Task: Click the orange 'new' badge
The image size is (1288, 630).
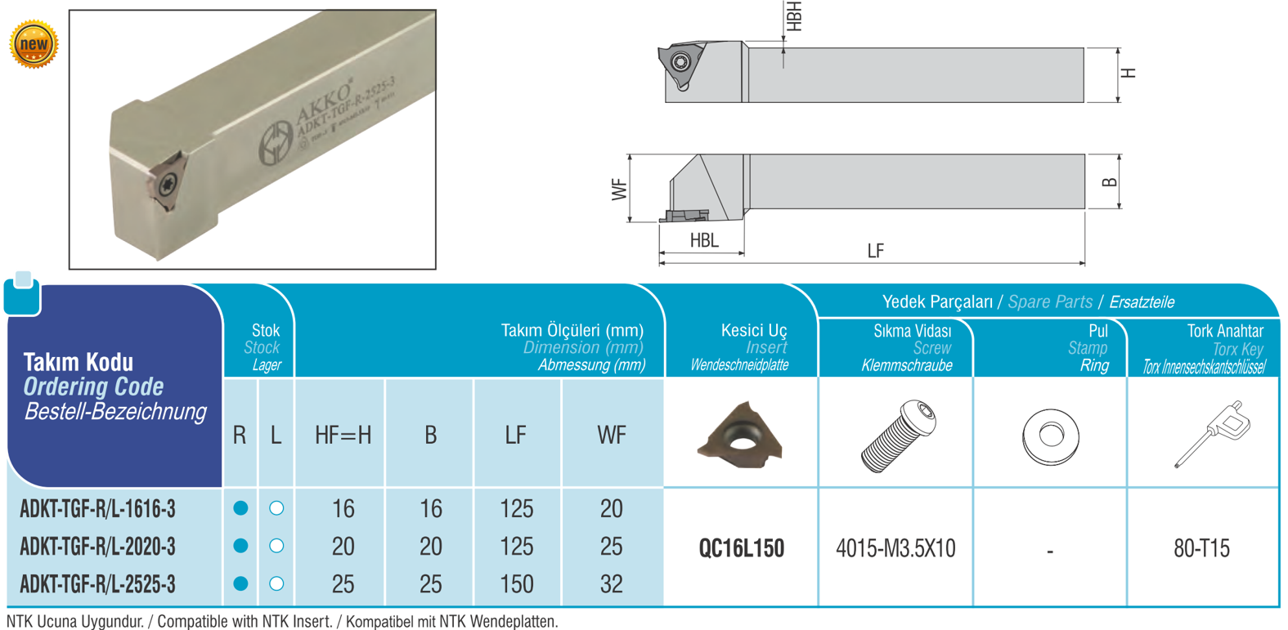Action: pos(34,44)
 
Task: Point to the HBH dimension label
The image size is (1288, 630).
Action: pos(793,16)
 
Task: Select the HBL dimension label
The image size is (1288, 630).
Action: pos(704,240)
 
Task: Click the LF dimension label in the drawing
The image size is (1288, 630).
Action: pos(875,251)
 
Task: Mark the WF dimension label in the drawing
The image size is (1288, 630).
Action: pos(619,190)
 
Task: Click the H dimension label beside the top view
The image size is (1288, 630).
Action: pos(1129,73)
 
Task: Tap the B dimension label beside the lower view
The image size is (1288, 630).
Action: pos(1109,182)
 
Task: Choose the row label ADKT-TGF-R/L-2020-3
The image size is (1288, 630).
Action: pos(98,546)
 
